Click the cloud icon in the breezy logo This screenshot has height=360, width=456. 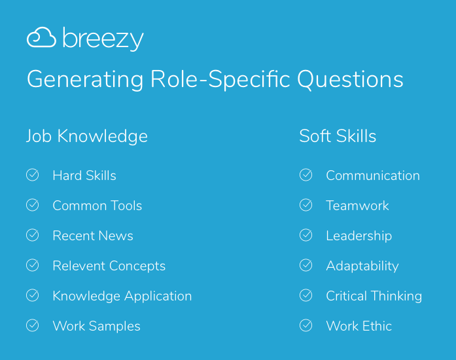tap(41, 37)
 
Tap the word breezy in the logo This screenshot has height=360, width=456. tap(103, 39)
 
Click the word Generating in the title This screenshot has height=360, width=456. tap(85, 80)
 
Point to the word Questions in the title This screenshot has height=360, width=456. tap(350, 79)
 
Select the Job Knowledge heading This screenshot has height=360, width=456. tap(87, 136)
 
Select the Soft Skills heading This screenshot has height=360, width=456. tap(338, 136)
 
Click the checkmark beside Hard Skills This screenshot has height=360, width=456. tap(32, 175)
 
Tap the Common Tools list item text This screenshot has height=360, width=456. tap(97, 206)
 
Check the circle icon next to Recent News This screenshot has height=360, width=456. tap(32, 235)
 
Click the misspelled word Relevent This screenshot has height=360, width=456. tap(79, 266)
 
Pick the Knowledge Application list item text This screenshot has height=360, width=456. tap(122, 297)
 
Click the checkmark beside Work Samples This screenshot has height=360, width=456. tap(32, 325)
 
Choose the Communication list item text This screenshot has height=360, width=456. tap(373, 175)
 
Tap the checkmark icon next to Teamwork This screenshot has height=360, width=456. tap(306, 205)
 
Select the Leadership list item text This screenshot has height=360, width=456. tap(359, 236)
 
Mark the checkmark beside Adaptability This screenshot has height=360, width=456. tap(306, 265)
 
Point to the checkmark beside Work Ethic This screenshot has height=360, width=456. tap(306, 325)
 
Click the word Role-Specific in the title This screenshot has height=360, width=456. tap(220, 80)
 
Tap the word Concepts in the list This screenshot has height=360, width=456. tap(137, 266)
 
